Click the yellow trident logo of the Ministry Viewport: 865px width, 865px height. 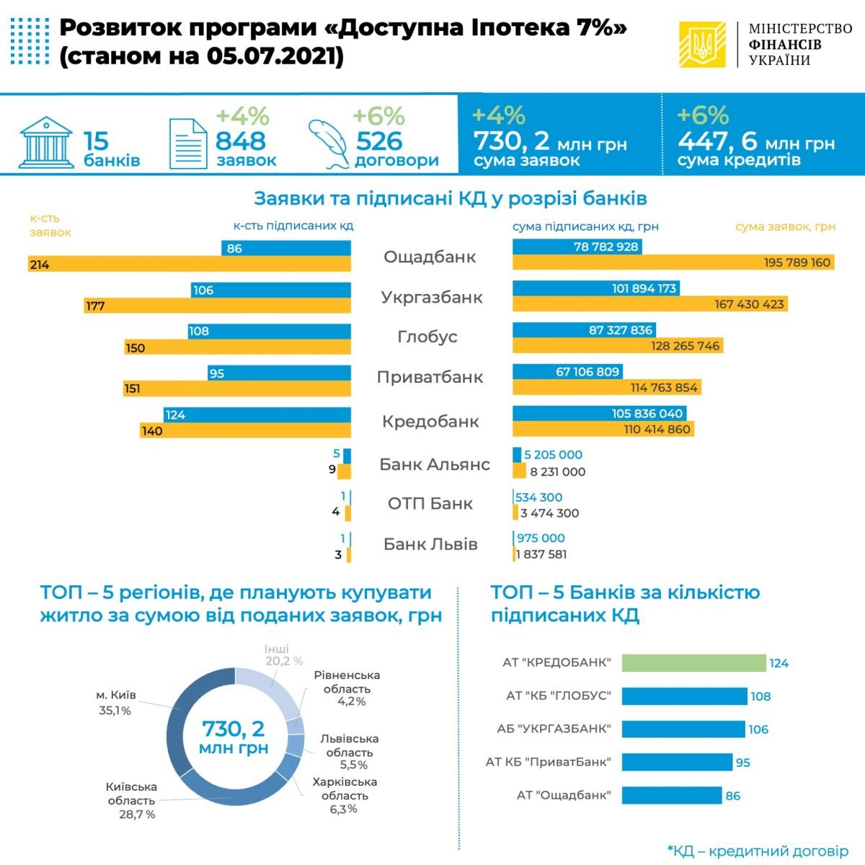coord(702,45)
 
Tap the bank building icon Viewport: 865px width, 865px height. coord(47,141)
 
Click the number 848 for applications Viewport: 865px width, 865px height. coord(241,141)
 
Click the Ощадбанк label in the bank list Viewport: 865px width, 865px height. coord(430,257)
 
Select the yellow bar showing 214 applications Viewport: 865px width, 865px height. coord(189,265)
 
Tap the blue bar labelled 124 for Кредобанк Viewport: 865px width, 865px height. coord(257,415)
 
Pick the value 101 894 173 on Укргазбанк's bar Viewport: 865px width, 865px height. coord(644,288)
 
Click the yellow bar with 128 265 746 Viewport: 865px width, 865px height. coord(617,346)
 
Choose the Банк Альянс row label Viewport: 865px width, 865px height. coord(435,465)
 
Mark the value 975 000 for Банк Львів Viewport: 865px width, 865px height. coord(541,538)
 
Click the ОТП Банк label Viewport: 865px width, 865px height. coord(430,504)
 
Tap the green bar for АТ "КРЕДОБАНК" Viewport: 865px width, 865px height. coord(693,663)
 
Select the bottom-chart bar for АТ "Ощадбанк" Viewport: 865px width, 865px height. coord(672,796)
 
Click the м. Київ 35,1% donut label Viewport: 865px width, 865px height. coord(115,703)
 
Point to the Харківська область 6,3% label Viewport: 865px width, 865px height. coord(345,795)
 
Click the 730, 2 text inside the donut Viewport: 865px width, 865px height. coord(233,729)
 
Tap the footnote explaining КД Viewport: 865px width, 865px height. coord(758,851)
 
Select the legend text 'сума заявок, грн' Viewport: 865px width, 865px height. coord(785,226)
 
